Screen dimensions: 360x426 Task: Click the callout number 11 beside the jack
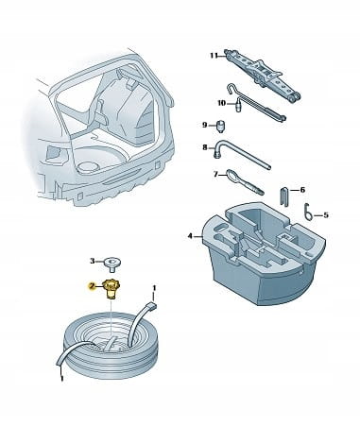(x=214, y=56)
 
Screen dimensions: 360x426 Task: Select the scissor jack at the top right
(x=262, y=75)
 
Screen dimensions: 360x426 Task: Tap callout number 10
(x=222, y=103)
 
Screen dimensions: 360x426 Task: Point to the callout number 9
(x=205, y=126)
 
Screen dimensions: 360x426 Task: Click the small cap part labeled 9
(x=221, y=127)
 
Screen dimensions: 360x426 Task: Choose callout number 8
(x=205, y=147)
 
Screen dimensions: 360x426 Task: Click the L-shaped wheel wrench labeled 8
(x=242, y=155)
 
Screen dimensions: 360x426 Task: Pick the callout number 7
(x=215, y=174)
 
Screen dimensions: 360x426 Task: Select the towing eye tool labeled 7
(x=245, y=182)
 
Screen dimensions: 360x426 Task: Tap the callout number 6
(x=302, y=190)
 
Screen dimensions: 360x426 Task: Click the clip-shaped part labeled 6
(x=284, y=196)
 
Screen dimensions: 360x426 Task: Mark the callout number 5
(x=326, y=215)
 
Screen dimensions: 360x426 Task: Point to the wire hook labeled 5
(x=309, y=211)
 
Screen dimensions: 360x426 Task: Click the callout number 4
(x=190, y=236)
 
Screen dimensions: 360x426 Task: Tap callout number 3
(x=93, y=261)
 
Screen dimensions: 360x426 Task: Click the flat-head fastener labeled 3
(x=112, y=264)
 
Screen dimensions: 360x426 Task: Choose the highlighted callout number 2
(x=92, y=286)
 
